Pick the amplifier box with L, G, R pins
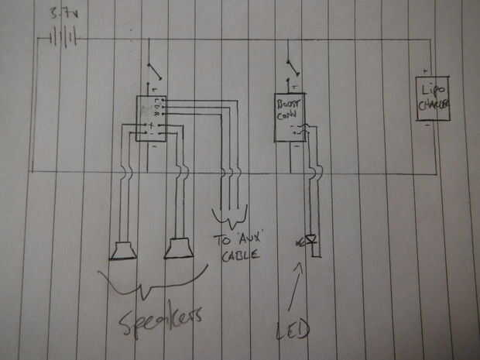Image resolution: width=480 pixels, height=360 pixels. click(x=150, y=118)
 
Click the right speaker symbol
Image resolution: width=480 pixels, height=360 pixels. click(x=177, y=248)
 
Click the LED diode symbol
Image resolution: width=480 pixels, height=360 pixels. click(x=310, y=241)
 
